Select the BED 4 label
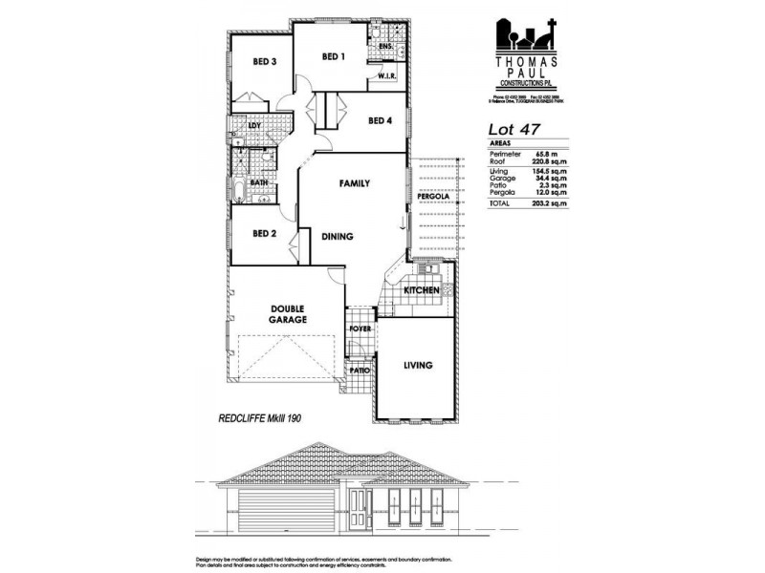point(380,120)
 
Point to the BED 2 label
point(264,233)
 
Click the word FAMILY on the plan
point(354,182)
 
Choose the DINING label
point(338,237)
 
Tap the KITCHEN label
point(421,289)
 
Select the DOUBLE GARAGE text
point(288,314)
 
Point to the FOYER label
point(360,328)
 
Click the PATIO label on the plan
point(360,370)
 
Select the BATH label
point(258,181)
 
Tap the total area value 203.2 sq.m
point(549,204)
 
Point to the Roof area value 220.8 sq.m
point(549,161)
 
